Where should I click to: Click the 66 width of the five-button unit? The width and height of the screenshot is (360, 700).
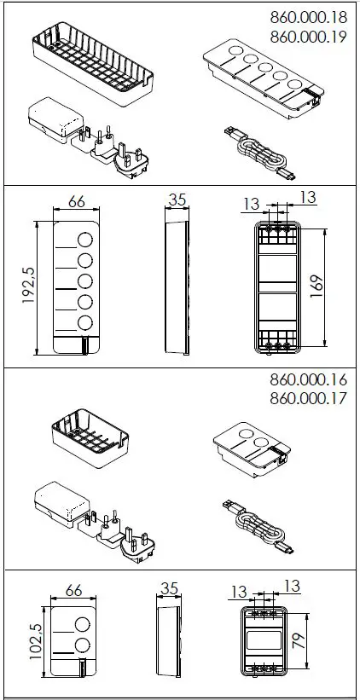tap(76, 202)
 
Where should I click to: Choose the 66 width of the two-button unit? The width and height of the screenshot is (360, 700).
tap(72, 590)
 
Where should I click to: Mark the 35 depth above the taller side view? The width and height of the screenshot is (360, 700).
tap(177, 200)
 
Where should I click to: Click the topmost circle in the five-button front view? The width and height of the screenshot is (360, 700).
tap(86, 238)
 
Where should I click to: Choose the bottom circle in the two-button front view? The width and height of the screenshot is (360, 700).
tap(83, 644)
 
